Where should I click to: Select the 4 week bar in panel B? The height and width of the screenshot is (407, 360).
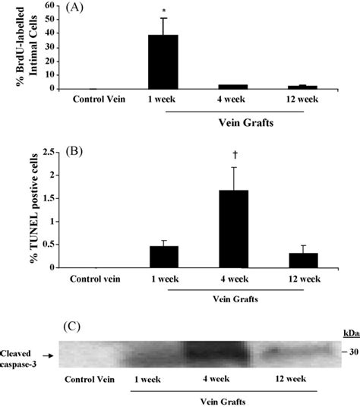(x=233, y=228)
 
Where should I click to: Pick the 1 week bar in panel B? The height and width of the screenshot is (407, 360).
(x=163, y=257)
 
